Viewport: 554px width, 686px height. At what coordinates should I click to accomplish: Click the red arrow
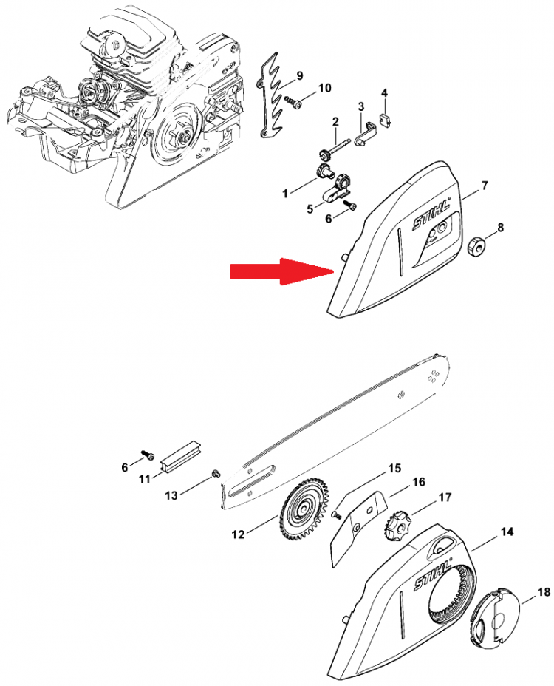pos(282,272)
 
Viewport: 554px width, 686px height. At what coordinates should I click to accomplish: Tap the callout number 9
pos(299,75)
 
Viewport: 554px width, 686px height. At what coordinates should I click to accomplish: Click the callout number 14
pos(507,532)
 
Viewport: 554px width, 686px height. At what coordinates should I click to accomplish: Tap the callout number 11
pos(145,479)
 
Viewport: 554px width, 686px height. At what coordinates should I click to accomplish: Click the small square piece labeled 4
pos(385,118)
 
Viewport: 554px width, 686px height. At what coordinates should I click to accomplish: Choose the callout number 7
pos(484,186)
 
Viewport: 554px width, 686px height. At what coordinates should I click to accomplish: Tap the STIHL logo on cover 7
pos(432,214)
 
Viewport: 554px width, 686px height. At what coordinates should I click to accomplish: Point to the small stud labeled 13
pos(215,472)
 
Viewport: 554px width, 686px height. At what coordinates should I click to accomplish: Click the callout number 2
pos(335,121)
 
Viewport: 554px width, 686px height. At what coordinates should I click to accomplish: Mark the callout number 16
pos(418,482)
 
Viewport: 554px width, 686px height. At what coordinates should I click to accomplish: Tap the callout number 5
pos(310,208)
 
